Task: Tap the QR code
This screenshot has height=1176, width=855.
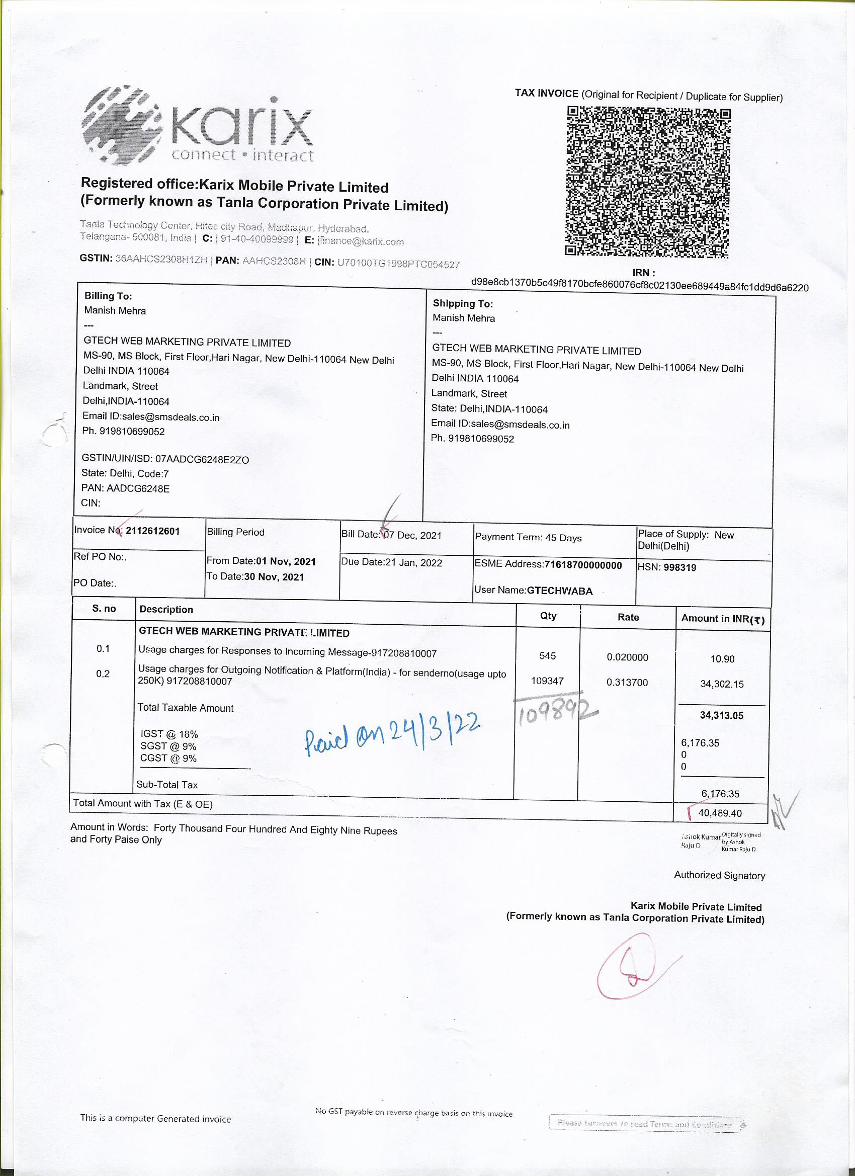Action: pyautogui.click(x=648, y=182)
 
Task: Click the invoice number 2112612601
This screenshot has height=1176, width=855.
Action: pyautogui.click(x=152, y=531)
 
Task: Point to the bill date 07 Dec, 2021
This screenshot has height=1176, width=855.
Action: pyautogui.click(x=412, y=535)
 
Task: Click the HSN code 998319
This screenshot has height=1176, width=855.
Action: pyautogui.click(x=680, y=567)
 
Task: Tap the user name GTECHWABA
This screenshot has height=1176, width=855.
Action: pyautogui.click(x=559, y=591)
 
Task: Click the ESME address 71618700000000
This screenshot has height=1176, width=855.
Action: pyautogui.click(x=583, y=565)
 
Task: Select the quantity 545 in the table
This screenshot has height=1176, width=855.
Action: pyautogui.click(x=548, y=656)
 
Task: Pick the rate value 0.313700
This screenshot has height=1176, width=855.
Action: pyautogui.click(x=627, y=683)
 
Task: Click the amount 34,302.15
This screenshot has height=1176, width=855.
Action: pyautogui.click(x=722, y=684)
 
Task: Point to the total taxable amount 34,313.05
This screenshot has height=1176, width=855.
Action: pyautogui.click(x=722, y=716)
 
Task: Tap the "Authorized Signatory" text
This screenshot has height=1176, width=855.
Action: pyautogui.click(x=719, y=875)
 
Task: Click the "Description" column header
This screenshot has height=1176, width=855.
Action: pyautogui.click(x=166, y=610)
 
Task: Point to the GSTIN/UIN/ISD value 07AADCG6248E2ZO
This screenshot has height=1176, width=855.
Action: pyautogui.click(x=202, y=459)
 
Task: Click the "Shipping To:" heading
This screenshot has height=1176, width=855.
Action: pyautogui.click(x=463, y=304)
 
